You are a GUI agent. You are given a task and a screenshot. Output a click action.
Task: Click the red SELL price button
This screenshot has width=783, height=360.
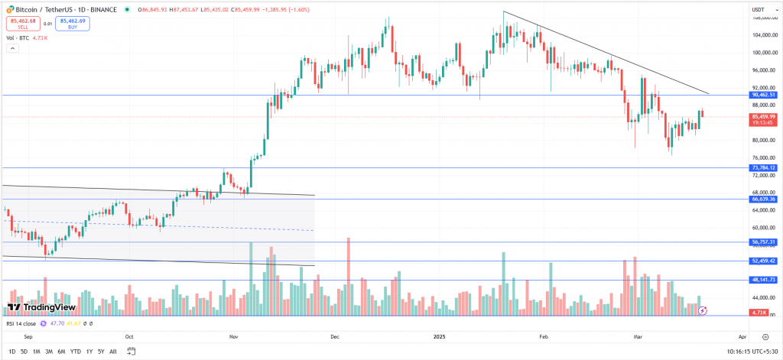pyautogui.click(x=21, y=24)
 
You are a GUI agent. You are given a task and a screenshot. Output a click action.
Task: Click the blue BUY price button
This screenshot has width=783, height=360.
pyautogui.click(x=73, y=24)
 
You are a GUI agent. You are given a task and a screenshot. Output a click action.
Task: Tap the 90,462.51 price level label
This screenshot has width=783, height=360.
pyautogui.click(x=763, y=96)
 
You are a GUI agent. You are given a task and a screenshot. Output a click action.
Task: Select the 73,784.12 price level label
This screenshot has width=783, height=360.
pyautogui.click(x=763, y=167)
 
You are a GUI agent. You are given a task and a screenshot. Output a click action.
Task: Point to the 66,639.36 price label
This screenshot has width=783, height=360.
pyautogui.click(x=763, y=199)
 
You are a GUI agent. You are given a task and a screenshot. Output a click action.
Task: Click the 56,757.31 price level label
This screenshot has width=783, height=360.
pyautogui.click(x=763, y=242)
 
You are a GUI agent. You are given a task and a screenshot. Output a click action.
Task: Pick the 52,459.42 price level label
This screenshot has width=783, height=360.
pyautogui.click(x=763, y=261)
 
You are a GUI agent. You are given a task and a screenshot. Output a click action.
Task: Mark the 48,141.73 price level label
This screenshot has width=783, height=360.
pyautogui.click(x=763, y=280)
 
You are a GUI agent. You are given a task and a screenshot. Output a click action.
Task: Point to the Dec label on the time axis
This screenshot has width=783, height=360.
pyautogui.click(x=333, y=336)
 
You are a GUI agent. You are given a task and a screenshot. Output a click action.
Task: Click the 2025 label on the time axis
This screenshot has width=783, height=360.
pyautogui.click(x=439, y=336)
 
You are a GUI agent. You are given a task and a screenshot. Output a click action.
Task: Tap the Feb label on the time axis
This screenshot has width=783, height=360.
pyautogui.click(x=544, y=336)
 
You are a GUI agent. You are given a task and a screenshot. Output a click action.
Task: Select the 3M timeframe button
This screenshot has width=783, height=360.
pyautogui.click(x=49, y=352)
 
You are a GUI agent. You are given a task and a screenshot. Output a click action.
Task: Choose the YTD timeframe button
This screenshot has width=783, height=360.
pyautogui.click(x=76, y=352)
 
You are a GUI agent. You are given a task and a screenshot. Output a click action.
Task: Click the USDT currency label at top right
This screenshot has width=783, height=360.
pyautogui.click(x=759, y=8)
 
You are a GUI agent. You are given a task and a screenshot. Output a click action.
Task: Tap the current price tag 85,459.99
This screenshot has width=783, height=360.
pyautogui.click(x=763, y=118)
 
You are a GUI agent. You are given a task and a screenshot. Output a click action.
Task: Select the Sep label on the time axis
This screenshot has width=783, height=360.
pyautogui.click(x=28, y=336)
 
